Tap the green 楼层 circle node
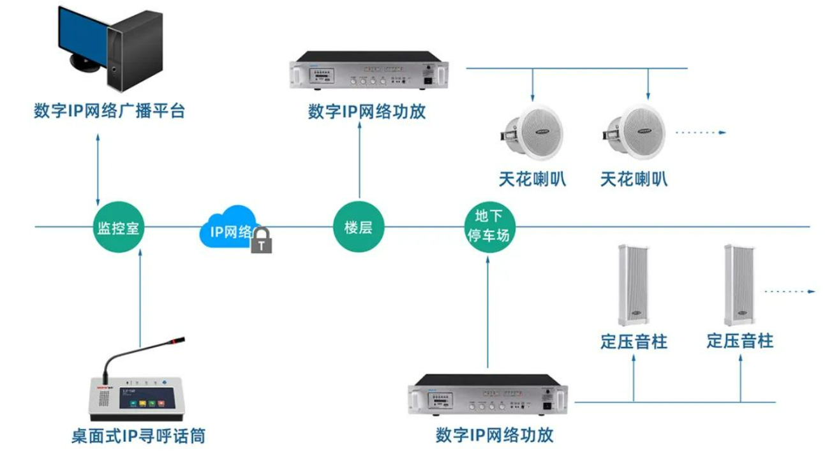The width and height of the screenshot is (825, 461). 359,227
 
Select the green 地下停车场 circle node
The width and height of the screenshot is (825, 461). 489,227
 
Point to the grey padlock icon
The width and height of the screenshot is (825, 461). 261,241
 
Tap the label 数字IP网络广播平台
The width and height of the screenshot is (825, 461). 109,111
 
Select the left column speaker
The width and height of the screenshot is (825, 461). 633,284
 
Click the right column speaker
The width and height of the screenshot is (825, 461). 740,284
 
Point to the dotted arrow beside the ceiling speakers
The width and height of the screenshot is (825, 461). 701,133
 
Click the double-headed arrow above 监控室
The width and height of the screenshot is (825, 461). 98,169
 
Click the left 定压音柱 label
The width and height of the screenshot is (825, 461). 634,341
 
